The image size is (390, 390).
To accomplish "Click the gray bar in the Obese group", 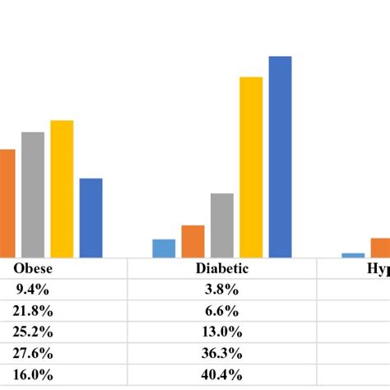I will tap(32, 194).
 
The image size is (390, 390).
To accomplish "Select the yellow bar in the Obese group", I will tap(62, 188).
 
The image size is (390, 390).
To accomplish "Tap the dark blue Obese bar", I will tap(91, 217).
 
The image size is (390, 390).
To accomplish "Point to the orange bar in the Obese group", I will tap(7, 202).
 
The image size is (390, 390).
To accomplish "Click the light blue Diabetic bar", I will tap(164, 248).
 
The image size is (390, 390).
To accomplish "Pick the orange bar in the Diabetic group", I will tap(193, 241).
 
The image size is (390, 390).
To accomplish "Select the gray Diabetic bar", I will tap(222, 225).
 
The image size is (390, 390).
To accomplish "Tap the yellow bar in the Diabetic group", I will tap(251, 166).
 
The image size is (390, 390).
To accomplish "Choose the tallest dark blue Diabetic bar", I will tap(281, 156).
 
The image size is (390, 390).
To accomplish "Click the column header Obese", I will tap(34, 268).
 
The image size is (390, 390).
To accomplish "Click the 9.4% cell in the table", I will tap(34, 290).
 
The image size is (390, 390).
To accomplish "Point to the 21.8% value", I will tap(34, 311).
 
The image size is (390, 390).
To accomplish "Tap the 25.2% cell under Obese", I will tap(34, 332).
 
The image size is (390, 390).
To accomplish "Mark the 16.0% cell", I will tap(34, 375).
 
